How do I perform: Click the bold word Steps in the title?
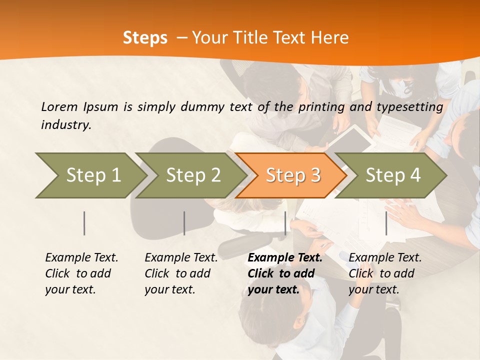pyautogui.click(x=145, y=38)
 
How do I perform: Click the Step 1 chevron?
pyautogui.click(x=90, y=175)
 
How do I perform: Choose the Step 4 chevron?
pyautogui.click(x=392, y=175)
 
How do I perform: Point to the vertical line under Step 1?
pyautogui.click(x=84, y=223)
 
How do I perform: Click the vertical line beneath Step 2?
pyautogui.click(x=184, y=223)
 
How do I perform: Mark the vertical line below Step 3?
pyautogui.click(x=285, y=223)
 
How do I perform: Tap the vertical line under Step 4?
pyautogui.click(x=386, y=223)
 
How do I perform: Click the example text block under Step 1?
pyautogui.click(x=81, y=273)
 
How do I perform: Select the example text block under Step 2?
pyautogui.click(x=181, y=273)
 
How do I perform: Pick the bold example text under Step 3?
pyautogui.click(x=285, y=273)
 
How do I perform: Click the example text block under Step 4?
pyautogui.click(x=385, y=273)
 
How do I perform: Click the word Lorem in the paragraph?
pyautogui.click(x=59, y=106)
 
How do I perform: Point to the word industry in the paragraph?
pyautogui.click(x=66, y=125)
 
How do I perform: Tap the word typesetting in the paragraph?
pyautogui.click(x=409, y=107)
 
